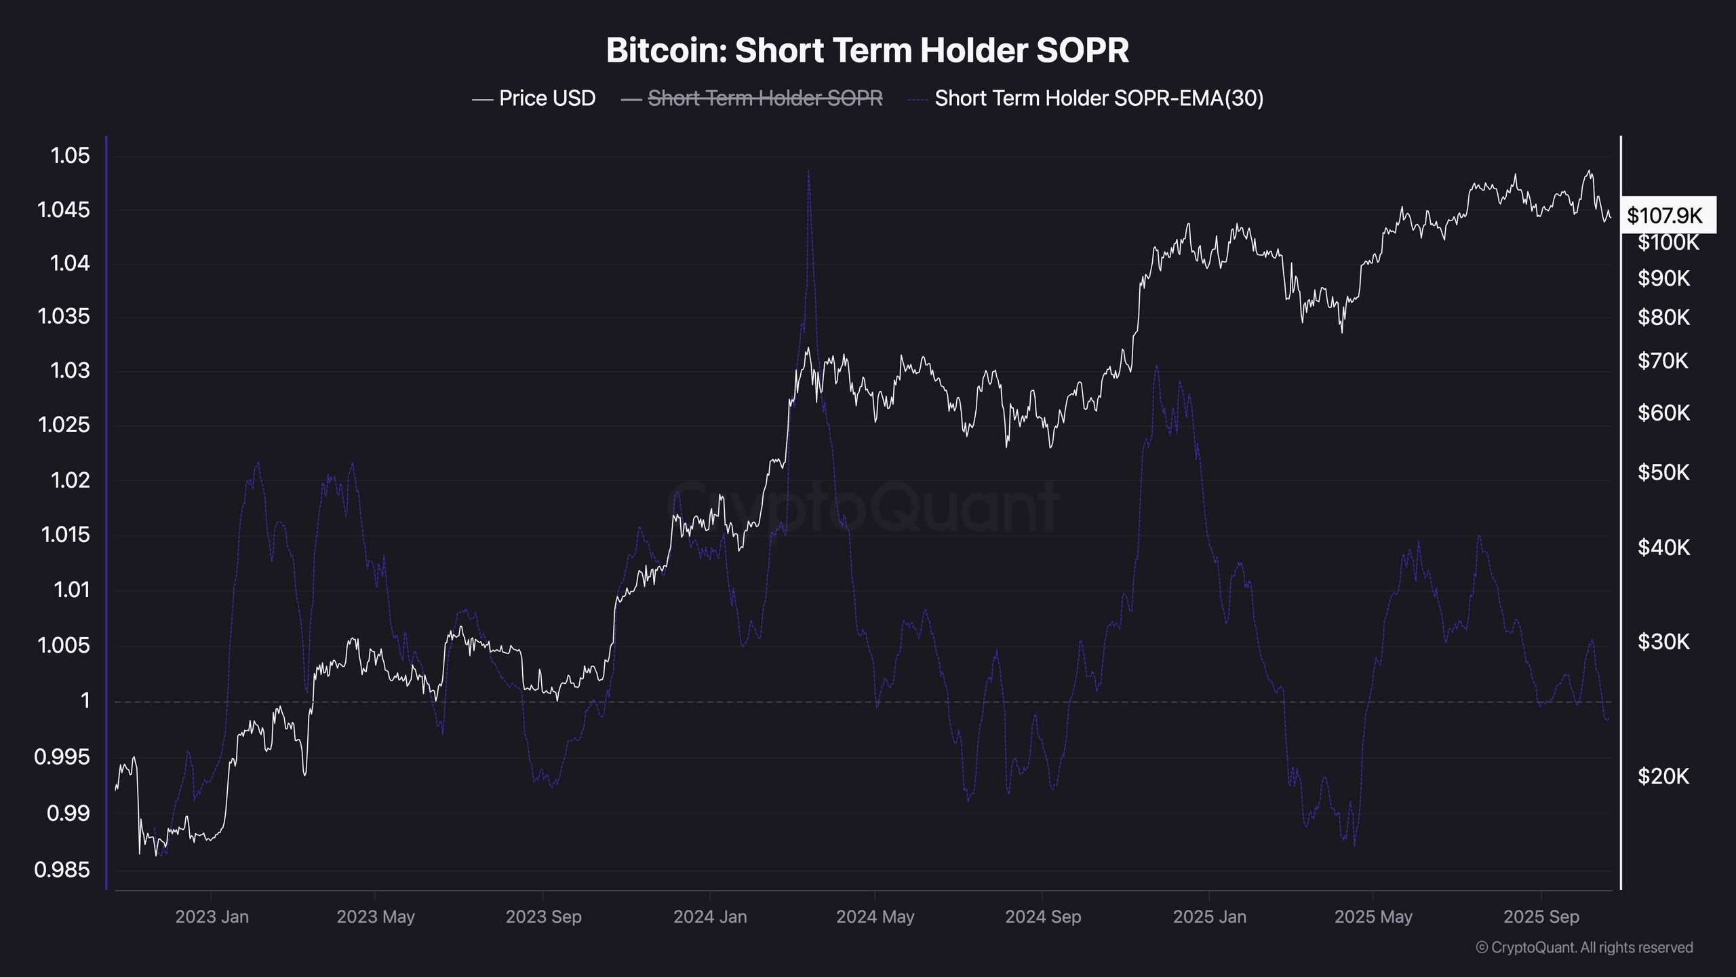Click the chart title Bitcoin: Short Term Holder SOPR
(867, 51)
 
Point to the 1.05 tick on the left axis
(70, 155)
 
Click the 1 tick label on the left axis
(85, 700)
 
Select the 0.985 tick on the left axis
(62, 870)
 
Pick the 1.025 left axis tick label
(64, 425)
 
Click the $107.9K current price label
(1665, 216)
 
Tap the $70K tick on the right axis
(1663, 360)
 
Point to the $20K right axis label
(1663, 775)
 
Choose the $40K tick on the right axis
(1663, 547)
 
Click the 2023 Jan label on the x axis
(212, 917)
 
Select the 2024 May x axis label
(875, 917)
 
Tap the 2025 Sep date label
(1541, 917)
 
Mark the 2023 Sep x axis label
(543, 917)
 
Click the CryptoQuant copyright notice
(1584, 947)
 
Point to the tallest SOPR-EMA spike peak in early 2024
(808, 172)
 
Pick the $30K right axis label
(1663, 641)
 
